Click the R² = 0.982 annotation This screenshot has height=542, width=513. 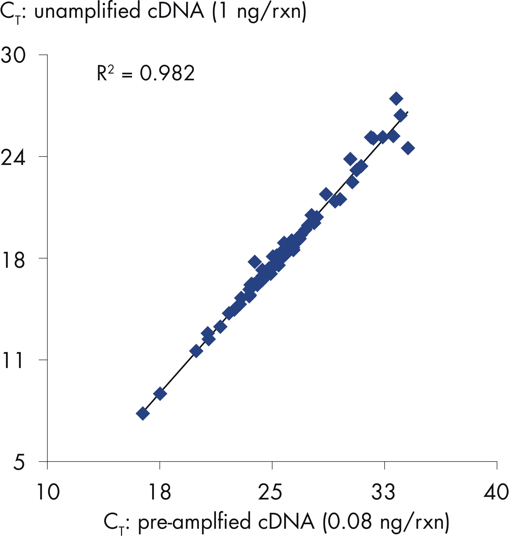146,73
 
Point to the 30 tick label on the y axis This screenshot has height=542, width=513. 13,55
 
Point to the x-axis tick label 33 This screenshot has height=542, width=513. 384,492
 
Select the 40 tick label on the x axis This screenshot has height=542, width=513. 496,492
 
